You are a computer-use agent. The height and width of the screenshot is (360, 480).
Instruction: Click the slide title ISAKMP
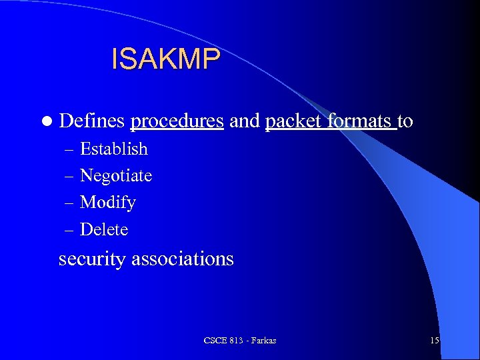coord(165,59)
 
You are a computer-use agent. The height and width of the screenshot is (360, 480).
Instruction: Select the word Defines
coord(92,121)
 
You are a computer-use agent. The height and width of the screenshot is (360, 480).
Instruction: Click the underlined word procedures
coord(177,122)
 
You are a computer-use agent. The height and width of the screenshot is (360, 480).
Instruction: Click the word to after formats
coord(405,122)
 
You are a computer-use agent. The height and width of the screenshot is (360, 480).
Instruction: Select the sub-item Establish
coord(114,149)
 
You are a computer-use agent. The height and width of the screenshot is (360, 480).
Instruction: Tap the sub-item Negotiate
coord(116,176)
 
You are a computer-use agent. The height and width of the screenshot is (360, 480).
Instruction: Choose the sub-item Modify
coord(108,203)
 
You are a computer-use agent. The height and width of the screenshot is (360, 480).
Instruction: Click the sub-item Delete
coord(104,230)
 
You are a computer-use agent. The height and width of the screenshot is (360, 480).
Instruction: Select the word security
coord(92,259)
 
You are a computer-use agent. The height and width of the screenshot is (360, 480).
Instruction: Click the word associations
coord(183,259)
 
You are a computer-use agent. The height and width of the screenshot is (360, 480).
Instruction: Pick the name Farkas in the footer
coord(263,341)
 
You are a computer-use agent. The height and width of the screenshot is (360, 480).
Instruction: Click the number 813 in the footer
coord(234,341)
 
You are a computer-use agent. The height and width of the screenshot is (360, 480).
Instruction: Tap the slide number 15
coord(434,341)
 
